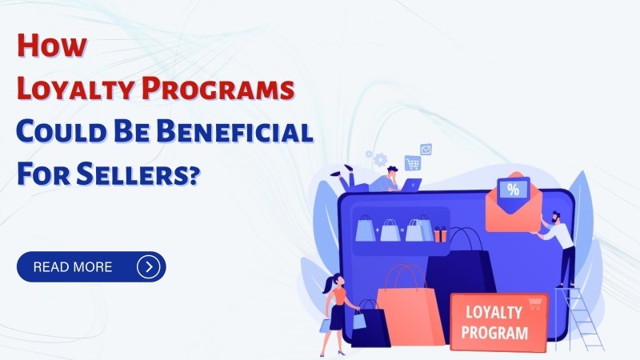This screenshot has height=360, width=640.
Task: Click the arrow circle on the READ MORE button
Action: coord(148,266)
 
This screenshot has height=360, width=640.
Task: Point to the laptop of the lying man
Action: coord(410,185)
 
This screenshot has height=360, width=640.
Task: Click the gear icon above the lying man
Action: coord(378,159)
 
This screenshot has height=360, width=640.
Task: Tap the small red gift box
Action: coord(441,234)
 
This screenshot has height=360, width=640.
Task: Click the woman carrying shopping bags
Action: coord(337,312)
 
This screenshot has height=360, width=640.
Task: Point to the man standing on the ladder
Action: coord(563,244)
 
